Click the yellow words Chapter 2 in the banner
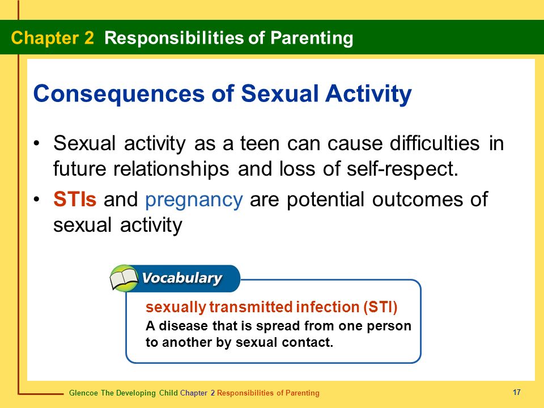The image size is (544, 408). click(52, 38)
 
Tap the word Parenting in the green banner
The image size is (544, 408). click(312, 39)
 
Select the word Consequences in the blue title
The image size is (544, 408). click(119, 94)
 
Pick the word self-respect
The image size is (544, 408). click(402, 169)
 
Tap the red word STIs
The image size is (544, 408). click(75, 199)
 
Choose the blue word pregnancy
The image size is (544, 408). click(194, 201)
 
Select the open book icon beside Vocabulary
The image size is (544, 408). click(124, 278)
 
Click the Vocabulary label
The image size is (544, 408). click(182, 278)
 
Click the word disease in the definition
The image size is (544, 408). click(183, 326)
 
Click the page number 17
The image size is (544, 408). click(517, 392)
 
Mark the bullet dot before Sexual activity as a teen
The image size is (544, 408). click(37, 143)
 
